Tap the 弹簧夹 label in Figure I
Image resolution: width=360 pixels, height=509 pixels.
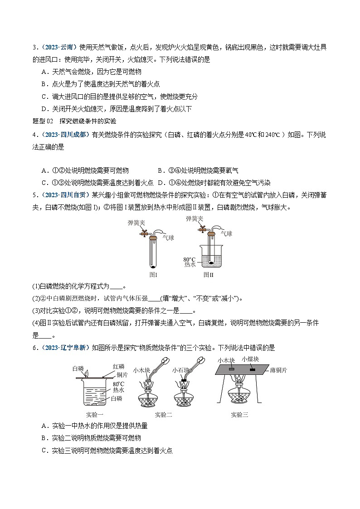tap(136, 223)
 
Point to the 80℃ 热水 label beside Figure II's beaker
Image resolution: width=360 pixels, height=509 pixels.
tap(189, 262)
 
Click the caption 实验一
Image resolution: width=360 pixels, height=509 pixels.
tap(95, 414)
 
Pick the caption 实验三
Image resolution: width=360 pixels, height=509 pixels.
tap(239, 414)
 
